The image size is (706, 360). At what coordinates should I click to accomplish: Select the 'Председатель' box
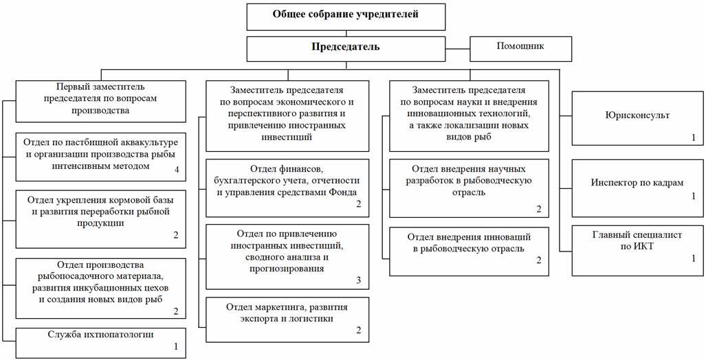tap(344, 48)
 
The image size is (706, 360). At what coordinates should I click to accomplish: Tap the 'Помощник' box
tap(520, 48)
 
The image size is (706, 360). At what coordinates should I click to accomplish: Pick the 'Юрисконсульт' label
tap(633, 116)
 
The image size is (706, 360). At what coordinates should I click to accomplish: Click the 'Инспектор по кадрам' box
tap(633, 183)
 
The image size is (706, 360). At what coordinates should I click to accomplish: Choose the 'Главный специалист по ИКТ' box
tap(633, 241)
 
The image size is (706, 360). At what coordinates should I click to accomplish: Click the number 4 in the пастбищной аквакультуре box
tap(176, 169)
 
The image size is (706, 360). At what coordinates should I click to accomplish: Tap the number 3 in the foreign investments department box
tap(358, 280)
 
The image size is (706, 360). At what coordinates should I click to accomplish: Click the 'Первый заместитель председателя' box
tap(100, 100)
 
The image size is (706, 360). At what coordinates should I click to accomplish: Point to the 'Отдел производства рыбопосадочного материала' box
tap(100, 286)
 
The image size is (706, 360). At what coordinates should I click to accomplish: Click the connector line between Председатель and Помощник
tap(456, 48)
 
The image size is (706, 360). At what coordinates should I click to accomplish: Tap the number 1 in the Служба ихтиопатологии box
tap(176, 347)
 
